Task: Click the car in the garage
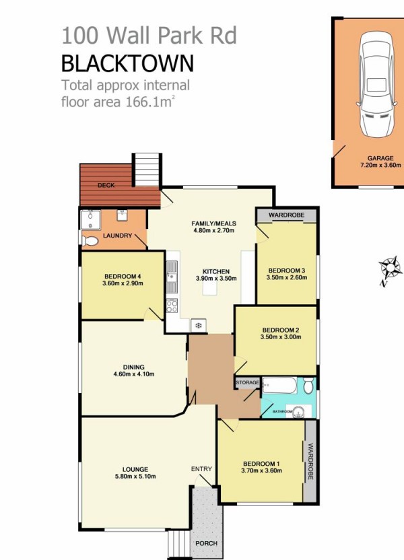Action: pyautogui.click(x=377, y=84)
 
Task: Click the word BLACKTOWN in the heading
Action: pyautogui.click(x=127, y=63)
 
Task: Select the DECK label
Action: pyautogui.click(x=106, y=185)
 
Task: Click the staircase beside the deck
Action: pyautogui.click(x=147, y=170)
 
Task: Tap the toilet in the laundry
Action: pyautogui.click(x=90, y=241)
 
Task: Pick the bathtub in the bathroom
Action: pyautogui.click(x=279, y=386)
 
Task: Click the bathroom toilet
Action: pyautogui.click(x=308, y=386)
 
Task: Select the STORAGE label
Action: pyautogui.click(x=247, y=382)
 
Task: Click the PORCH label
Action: pyautogui.click(x=207, y=543)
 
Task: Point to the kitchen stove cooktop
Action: pyautogui.click(x=172, y=305)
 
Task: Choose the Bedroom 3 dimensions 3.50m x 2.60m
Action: pyautogui.click(x=287, y=277)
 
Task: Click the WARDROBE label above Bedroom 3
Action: pyautogui.click(x=286, y=215)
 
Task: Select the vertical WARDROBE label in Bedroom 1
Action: pyautogui.click(x=310, y=461)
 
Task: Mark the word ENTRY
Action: pyautogui.click(x=201, y=469)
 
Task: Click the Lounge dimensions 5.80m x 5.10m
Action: pyautogui.click(x=135, y=476)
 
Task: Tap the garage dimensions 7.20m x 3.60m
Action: pyautogui.click(x=380, y=165)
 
